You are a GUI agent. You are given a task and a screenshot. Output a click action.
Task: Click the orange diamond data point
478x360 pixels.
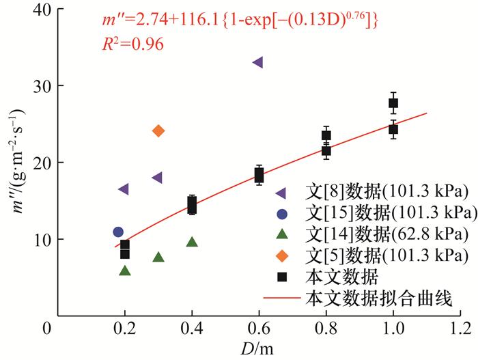158,130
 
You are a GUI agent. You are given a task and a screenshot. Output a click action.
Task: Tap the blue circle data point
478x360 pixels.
118,232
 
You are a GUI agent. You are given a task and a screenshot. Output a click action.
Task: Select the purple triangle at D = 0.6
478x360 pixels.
257,62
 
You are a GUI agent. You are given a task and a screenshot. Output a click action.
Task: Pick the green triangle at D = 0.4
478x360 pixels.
192,242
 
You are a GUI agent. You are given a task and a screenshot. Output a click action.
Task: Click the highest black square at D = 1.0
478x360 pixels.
393,103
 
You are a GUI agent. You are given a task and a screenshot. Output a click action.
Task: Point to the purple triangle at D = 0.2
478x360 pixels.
124,189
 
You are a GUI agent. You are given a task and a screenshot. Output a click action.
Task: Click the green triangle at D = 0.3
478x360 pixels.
158,258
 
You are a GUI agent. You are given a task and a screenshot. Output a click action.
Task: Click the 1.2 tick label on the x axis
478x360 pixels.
460,328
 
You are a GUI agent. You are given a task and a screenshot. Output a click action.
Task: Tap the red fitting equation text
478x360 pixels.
236,23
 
